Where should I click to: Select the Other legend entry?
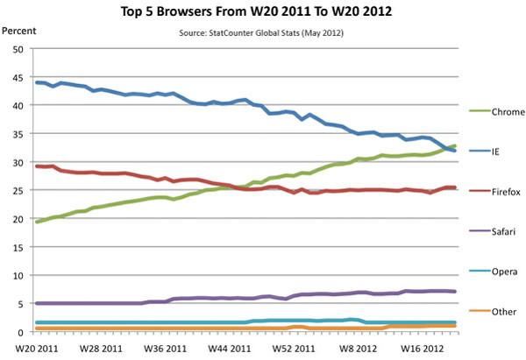pyautogui.click(x=489, y=311)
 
